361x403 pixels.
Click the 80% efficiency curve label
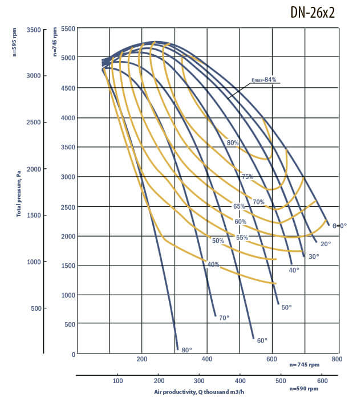click(232, 143)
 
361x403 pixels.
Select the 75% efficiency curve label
click(247, 177)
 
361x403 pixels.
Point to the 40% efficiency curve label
click(213, 264)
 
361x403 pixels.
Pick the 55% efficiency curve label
click(242, 237)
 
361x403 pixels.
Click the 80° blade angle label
click(186, 349)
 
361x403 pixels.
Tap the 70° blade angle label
click(224, 317)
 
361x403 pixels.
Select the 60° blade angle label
click(262, 340)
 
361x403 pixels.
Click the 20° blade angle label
click(326, 244)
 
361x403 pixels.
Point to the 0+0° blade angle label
click(339, 226)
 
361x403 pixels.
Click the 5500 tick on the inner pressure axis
click(68, 29)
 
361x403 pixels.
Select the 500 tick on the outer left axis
click(36, 308)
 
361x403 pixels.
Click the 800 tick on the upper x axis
click(336, 359)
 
